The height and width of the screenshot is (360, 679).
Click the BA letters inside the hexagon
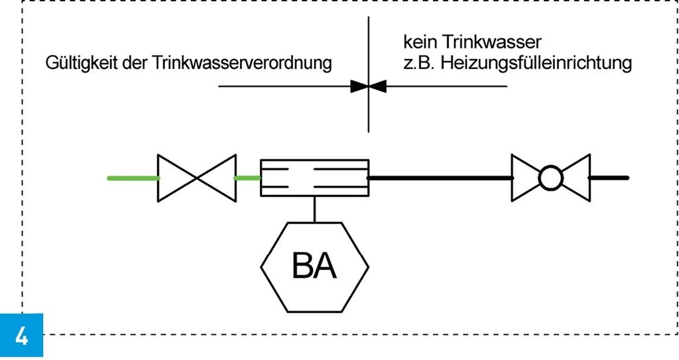pos(314,268)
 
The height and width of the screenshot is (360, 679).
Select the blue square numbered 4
pos(21,335)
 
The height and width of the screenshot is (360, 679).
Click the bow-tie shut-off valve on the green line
pos(196,178)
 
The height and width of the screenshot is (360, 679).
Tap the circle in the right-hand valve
pos(550,178)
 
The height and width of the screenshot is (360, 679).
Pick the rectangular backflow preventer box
pos(314,178)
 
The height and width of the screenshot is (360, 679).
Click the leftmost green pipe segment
pos(133,178)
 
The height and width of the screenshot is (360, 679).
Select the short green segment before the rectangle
pos(247,178)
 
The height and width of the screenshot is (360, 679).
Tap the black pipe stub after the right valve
pos(609,178)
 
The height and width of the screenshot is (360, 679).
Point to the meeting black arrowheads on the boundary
pos(369,86)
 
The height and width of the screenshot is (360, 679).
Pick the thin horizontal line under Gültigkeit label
pos(285,86)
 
